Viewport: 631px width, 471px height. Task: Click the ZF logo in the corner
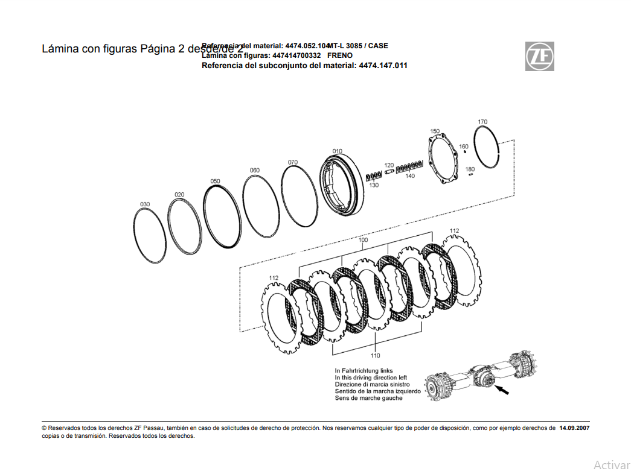tap(539, 57)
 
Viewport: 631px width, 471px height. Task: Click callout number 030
tap(145, 204)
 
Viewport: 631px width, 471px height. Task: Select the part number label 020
tap(179, 195)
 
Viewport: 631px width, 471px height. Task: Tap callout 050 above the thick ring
tap(215, 181)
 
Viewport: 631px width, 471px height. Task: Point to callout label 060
tap(255, 170)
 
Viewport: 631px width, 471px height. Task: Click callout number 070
tap(292, 162)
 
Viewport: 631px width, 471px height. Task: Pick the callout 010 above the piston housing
tap(337, 151)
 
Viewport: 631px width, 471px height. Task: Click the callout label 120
tap(389, 165)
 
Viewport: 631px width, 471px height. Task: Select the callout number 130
tap(374, 185)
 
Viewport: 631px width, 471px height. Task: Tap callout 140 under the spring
tap(410, 176)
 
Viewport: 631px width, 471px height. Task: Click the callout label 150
tap(435, 131)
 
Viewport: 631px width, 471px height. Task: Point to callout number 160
tap(464, 147)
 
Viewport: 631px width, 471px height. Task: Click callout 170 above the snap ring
tap(482, 122)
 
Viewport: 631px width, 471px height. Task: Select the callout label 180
tap(470, 169)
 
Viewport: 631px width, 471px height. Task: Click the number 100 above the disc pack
tap(363, 240)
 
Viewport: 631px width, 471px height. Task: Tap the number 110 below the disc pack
tap(375, 356)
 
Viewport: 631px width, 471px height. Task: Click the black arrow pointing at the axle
tap(502, 391)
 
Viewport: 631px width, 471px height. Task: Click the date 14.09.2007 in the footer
tap(574, 428)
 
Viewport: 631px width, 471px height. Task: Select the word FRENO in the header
tap(340, 55)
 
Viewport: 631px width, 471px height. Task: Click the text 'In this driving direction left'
tap(371, 378)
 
